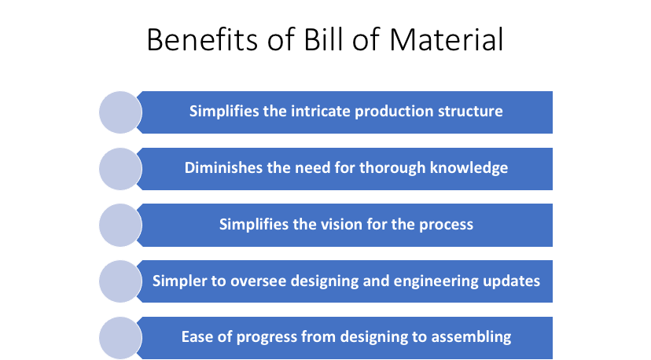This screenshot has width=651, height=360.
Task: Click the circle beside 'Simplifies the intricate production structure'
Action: point(120,112)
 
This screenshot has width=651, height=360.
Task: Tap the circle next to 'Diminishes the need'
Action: point(120,168)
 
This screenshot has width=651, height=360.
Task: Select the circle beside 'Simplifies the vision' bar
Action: point(120,225)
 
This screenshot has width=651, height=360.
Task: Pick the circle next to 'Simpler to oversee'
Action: point(120,281)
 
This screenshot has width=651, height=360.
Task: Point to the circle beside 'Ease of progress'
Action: point(120,338)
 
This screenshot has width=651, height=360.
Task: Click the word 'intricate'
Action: point(320,111)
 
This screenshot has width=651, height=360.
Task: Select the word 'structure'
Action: point(471,111)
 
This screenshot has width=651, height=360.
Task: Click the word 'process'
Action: point(444,224)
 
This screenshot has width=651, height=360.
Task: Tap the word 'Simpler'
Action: point(178,281)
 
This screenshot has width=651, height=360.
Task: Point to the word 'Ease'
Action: point(197,337)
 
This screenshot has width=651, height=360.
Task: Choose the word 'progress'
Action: point(264,337)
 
